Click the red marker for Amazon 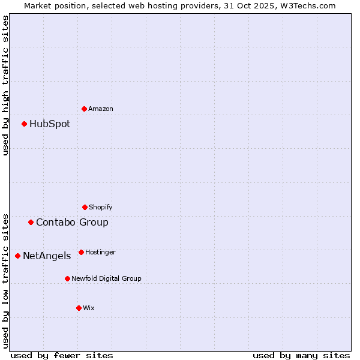coord(84,109)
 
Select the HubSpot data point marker coord(24,124)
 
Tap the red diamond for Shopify coord(85,207)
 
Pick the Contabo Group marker coord(31,222)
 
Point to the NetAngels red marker coord(17,256)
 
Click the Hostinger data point coord(81,252)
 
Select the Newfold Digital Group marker coord(67,278)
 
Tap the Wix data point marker coord(79,308)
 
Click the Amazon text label coord(101,109)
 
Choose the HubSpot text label coord(50,124)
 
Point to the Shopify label coord(101,207)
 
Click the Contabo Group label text coord(72,222)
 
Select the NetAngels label coord(47,256)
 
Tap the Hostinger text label coord(100,252)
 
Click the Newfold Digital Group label coord(106,278)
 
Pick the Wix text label coord(89,308)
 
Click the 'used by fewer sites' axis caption coord(62,355)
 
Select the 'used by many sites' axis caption coord(301,355)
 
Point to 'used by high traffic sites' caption coord(5,85)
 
